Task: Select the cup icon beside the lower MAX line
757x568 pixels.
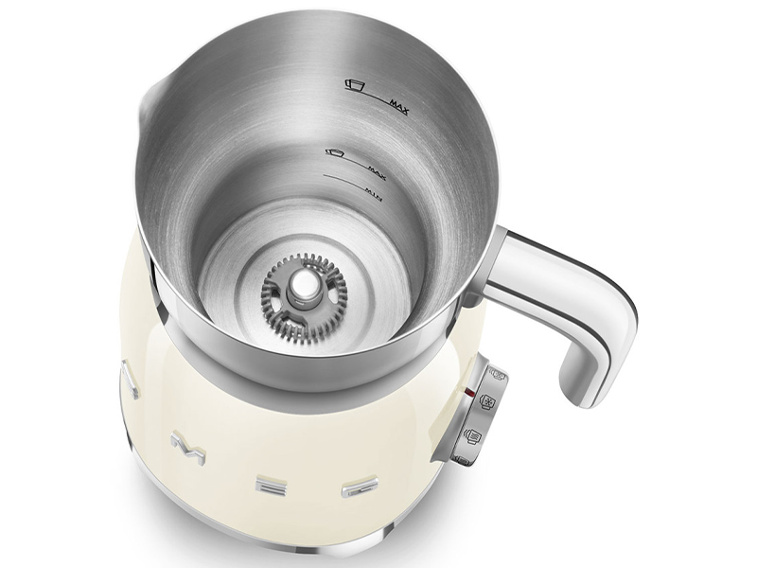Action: pos(333,151)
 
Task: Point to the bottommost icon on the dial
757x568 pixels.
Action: pos(461,460)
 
